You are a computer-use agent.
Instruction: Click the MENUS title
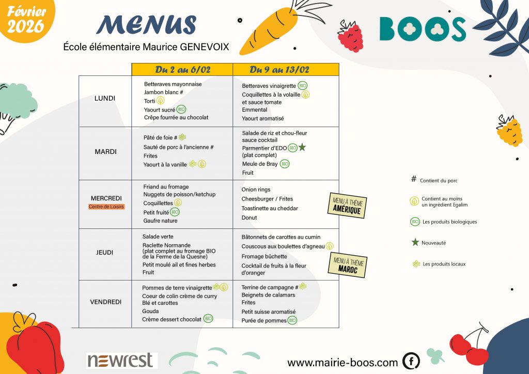pyautogui.click(x=146, y=25)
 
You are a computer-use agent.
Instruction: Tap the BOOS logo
pyautogui.click(x=423, y=29)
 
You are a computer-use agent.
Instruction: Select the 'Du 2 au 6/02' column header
pyautogui.click(x=182, y=70)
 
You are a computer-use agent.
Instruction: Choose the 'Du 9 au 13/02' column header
pyautogui.click(x=286, y=70)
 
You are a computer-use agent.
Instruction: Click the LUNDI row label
pyautogui.click(x=105, y=98)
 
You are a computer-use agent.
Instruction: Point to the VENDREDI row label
pyautogui.click(x=105, y=302)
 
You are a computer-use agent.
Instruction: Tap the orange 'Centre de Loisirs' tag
pyautogui.click(x=106, y=207)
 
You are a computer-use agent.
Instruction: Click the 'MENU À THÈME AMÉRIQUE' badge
pyautogui.click(x=347, y=206)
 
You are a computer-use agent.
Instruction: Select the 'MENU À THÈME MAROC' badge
pyautogui.click(x=348, y=266)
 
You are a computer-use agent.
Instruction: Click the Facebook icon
pyautogui.click(x=411, y=361)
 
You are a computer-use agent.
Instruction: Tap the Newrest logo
pyautogui.click(x=120, y=360)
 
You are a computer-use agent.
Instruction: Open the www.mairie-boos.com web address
pyautogui.click(x=343, y=362)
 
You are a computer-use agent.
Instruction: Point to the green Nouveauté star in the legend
pyautogui.click(x=414, y=242)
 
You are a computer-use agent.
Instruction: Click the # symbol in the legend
pyautogui.click(x=413, y=180)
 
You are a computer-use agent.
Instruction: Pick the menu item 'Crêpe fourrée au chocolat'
pyautogui.click(x=176, y=118)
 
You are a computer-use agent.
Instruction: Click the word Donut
pyautogui.click(x=250, y=218)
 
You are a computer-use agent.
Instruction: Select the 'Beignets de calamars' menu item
pyautogui.click(x=268, y=295)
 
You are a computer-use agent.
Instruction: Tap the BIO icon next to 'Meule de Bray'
pyautogui.click(x=285, y=164)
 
